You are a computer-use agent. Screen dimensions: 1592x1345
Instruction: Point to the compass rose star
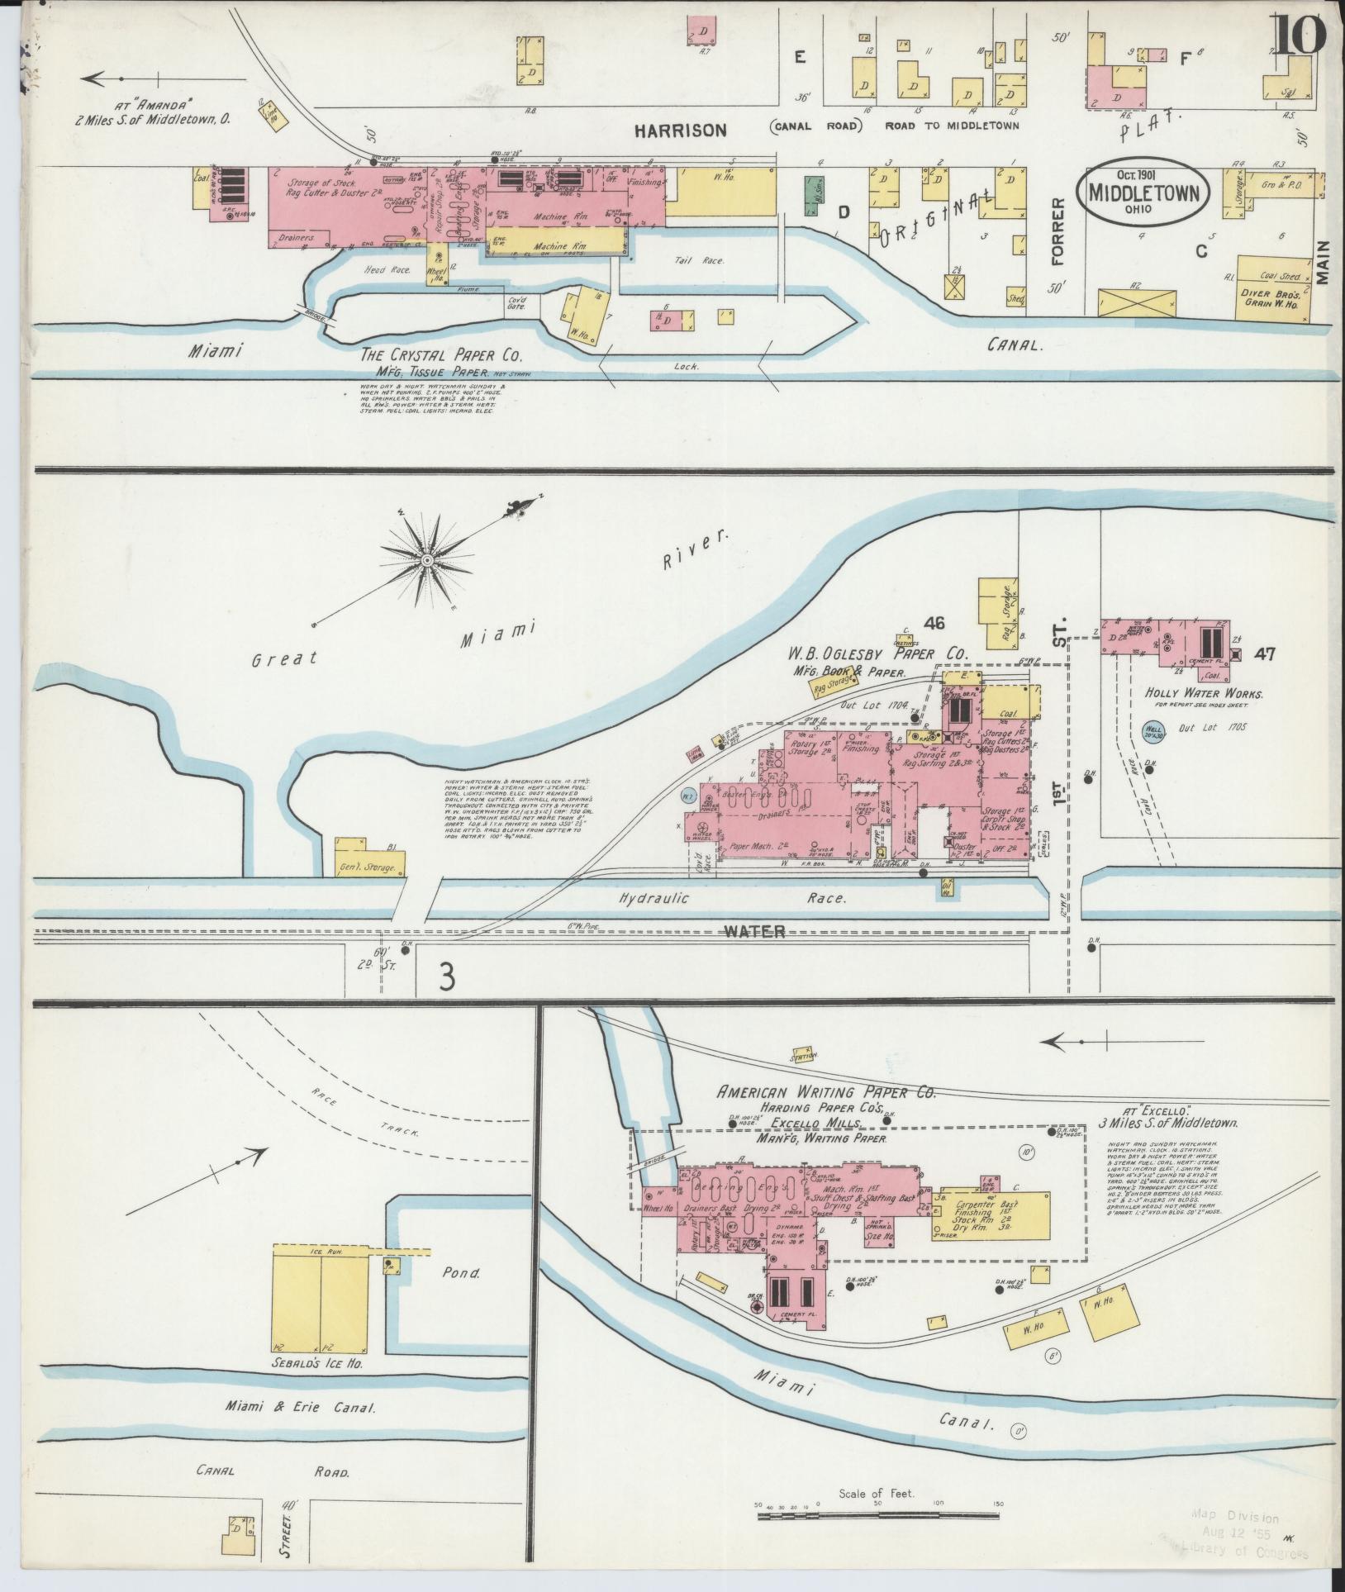tap(428, 561)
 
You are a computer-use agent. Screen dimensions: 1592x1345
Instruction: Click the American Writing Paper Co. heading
tap(825, 1091)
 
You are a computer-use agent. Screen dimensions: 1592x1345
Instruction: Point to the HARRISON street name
tap(681, 129)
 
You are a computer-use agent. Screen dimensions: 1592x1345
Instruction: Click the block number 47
tap(1263, 654)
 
